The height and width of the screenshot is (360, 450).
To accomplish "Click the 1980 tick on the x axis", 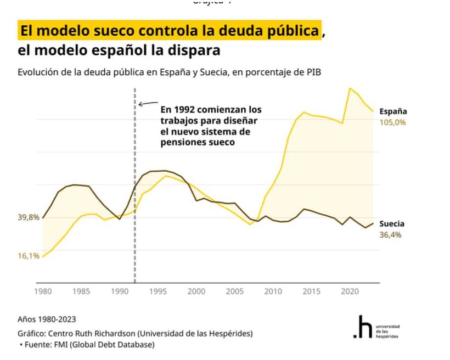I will [43, 291].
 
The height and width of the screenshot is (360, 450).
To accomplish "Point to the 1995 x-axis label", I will [158, 291].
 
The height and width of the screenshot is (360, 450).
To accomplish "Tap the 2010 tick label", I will [273, 291].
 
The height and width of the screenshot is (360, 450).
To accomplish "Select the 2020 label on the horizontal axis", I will [350, 291].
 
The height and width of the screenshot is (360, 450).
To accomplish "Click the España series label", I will [393, 111].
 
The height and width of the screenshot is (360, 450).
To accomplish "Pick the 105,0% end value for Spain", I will [392, 122].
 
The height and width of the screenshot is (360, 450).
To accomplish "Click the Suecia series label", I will [392, 224].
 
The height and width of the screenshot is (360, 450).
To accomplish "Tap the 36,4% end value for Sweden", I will [390, 235].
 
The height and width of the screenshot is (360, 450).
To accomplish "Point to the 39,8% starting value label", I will [29, 217].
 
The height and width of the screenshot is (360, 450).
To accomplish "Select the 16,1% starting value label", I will [29, 256].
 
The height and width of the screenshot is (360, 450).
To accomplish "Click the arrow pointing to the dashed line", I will [147, 103].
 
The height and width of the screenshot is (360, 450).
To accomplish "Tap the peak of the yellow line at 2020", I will [350, 88].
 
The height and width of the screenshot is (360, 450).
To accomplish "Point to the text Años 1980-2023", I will [47, 319].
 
